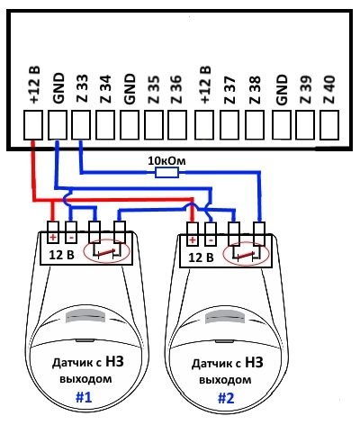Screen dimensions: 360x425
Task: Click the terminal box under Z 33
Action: (81, 125)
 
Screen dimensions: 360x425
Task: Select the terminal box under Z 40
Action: (329, 125)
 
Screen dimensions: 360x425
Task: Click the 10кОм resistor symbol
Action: (166, 173)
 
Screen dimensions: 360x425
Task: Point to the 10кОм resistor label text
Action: (166, 161)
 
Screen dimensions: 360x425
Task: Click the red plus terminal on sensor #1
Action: (53, 238)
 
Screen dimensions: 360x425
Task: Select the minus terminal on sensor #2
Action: (211, 240)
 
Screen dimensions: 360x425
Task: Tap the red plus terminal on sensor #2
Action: (193, 240)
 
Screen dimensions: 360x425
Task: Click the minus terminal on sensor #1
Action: (71, 238)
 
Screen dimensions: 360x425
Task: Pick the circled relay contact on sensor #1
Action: (107, 251)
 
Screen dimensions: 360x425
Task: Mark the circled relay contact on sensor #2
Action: (246, 254)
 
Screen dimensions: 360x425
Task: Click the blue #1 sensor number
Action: (85, 397)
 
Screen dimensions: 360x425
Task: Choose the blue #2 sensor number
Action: (226, 398)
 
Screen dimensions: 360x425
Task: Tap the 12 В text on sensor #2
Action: (201, 258)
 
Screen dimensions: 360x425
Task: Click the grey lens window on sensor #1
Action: (86, 316)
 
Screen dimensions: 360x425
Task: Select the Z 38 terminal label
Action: (255, 90)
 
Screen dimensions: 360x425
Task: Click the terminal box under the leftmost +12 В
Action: (33, 125)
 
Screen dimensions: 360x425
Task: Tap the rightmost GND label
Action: (282, 90)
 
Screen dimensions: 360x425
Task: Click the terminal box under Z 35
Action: (154, 125)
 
